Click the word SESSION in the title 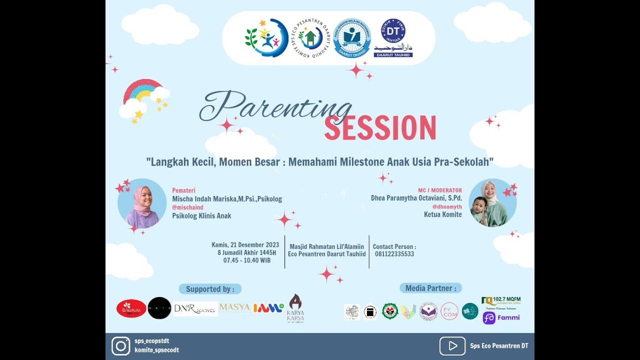coord(380,128)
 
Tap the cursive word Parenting coord(275,106)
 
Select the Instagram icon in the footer coord(120,346)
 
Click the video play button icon coord(452,346)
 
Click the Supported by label coord(210,289)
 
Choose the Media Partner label coord(430,288)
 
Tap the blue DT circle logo coord(393,30)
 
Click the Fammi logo coord(501,318)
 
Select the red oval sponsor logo coord(131,308)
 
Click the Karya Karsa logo coord(295,308)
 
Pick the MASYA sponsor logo coord(234,307)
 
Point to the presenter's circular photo coord(142,203)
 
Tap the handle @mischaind coord(187,207)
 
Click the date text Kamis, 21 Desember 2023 coord(245,245)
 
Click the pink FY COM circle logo coord(449,311)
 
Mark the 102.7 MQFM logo coord(501,301)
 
